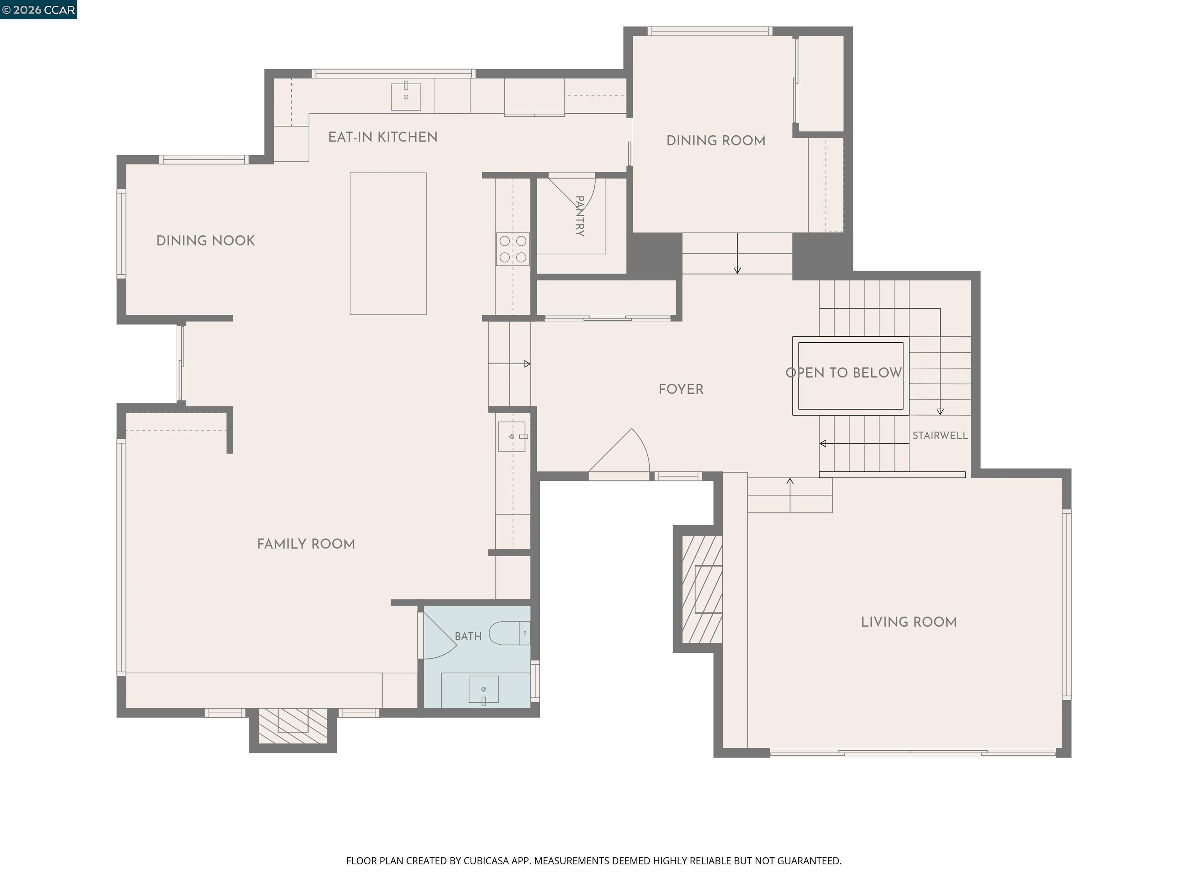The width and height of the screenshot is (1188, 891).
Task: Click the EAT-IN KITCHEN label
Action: [x=382, y=137]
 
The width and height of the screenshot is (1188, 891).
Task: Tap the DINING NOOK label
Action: [x=205, y=241]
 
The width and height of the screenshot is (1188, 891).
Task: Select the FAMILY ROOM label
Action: [x=306, y=544]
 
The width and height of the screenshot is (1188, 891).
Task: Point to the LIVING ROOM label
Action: [x=909, y=622]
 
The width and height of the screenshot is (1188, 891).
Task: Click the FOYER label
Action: [x=681, y=389]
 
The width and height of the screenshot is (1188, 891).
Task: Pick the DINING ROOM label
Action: [x=716, y=141]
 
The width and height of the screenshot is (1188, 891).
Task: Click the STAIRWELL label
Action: [x=940, y=435]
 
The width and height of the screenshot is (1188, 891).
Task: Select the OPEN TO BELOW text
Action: [x=844, y=373]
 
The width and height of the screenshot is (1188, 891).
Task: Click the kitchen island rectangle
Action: [x=388, y=244]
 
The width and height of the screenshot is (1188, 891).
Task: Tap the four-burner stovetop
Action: [x=513, y=249]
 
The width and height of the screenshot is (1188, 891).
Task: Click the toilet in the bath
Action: [x=510, y=633]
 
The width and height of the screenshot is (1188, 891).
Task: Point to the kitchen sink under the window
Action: [x=406, y=96]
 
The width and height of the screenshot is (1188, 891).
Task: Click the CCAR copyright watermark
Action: [x=39, y=10]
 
